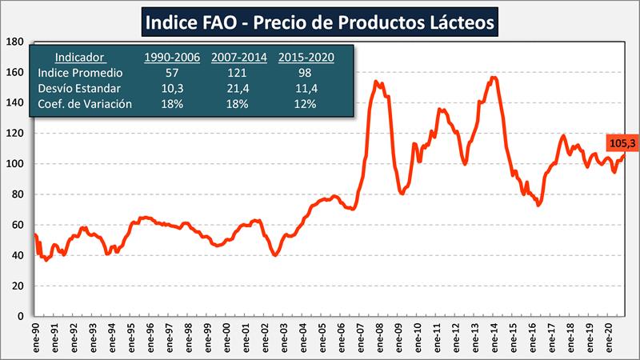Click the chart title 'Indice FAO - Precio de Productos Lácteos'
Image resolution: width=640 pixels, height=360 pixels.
[x=320, y=22]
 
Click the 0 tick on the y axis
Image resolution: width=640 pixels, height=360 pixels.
[x=22, y=317]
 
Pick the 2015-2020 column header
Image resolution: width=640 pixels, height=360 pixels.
[x=306, y=57]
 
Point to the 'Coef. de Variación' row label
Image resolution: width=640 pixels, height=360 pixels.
[x=85, y=104]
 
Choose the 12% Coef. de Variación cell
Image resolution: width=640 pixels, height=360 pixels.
[x=306, y=104]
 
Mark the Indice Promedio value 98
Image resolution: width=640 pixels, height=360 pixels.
[x=306, y=73]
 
